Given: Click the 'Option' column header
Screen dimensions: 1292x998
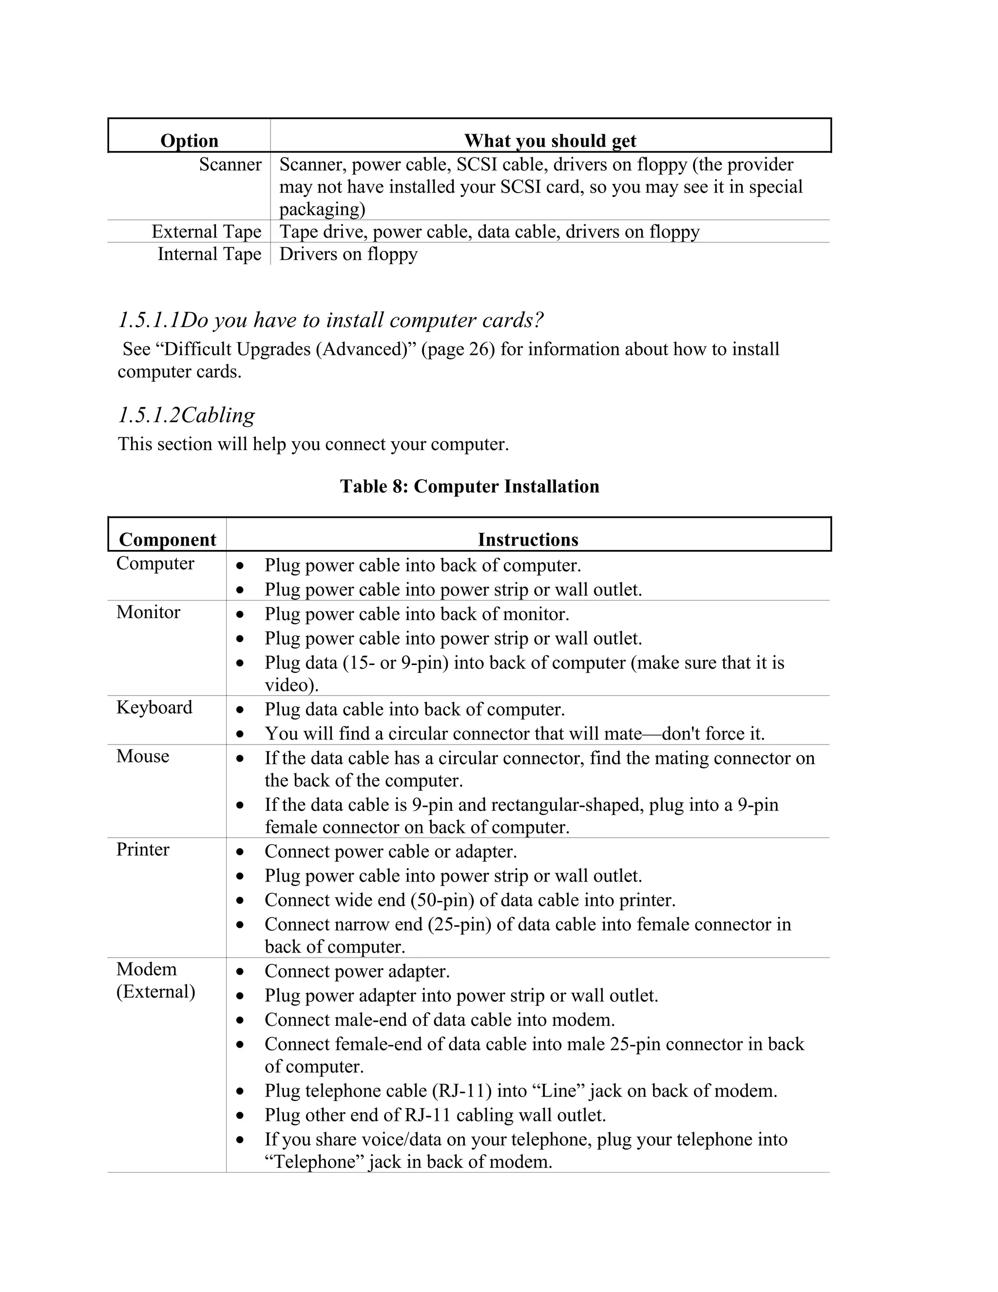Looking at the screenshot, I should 189,141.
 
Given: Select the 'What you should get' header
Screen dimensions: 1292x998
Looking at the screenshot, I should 550,141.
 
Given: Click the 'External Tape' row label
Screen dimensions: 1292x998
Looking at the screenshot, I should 206,231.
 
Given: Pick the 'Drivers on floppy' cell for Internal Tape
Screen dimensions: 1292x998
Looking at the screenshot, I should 348,254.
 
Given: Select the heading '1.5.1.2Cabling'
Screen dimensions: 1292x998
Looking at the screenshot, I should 187,415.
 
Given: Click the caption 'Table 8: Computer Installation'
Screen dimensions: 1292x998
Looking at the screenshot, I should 469,486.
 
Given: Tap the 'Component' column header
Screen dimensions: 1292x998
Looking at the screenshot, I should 167,540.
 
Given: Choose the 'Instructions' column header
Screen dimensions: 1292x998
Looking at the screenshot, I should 528,540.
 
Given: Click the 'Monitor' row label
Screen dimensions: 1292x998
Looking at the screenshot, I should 148,612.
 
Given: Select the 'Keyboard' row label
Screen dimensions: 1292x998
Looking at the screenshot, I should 154,707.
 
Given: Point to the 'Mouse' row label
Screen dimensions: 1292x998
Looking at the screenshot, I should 142,756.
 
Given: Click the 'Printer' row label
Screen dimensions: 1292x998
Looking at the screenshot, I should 142,849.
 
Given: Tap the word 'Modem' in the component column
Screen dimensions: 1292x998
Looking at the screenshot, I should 147,969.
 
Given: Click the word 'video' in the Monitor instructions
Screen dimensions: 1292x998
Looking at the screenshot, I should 288,685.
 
